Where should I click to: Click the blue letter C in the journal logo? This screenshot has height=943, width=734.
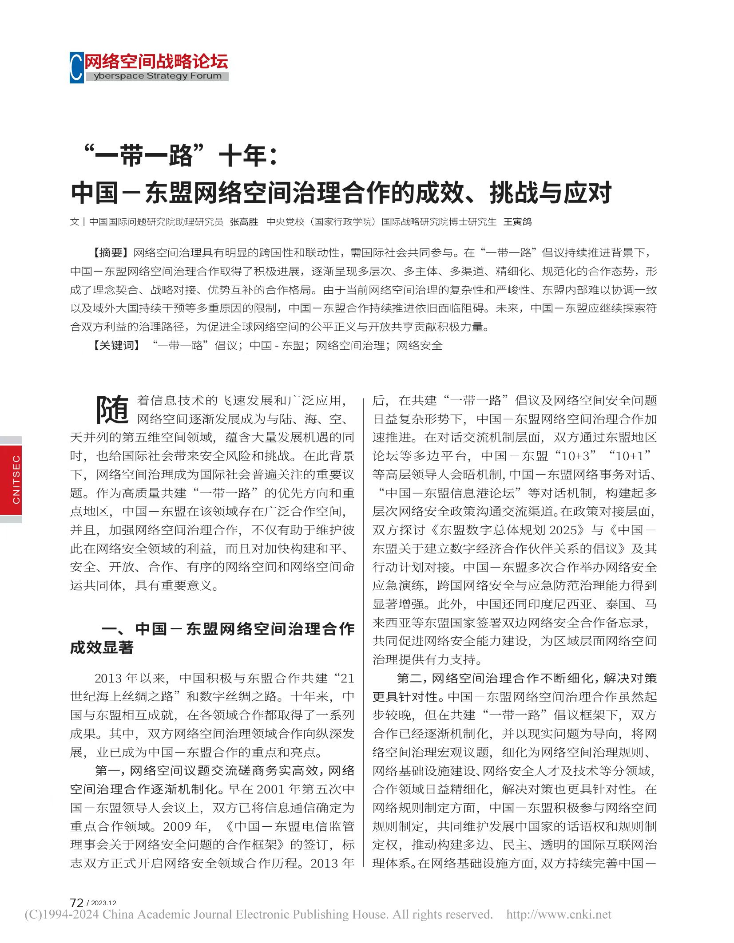(76, 67)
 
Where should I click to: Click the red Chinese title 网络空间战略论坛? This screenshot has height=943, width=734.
(156, 61)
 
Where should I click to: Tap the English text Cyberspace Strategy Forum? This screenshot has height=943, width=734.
(158, 76)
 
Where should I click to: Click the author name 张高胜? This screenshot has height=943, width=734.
(244, 222)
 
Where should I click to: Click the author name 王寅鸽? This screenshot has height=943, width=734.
(517, 222)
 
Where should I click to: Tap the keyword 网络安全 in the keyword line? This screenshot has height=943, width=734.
(420, 345)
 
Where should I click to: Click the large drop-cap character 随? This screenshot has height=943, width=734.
(112, 410)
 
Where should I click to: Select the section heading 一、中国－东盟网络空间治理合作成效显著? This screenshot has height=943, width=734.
(212, 638)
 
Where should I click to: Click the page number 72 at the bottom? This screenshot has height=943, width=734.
(76, 902)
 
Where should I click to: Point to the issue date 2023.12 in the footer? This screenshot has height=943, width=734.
(104, 903)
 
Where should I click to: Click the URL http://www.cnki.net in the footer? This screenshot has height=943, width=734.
(559, 915)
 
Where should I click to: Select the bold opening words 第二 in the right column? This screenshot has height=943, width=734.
(409, 678)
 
